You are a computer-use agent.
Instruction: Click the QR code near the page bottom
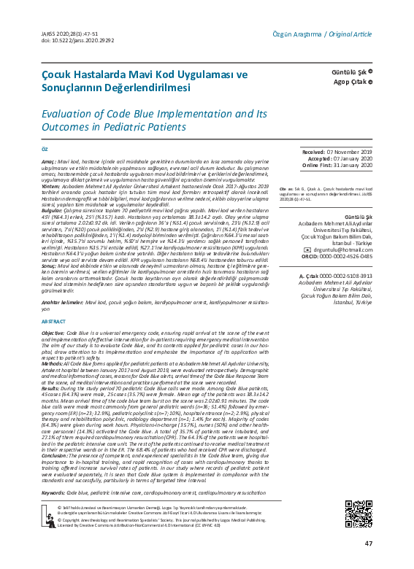pos(358,512)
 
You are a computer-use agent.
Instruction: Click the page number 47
pos(369,543)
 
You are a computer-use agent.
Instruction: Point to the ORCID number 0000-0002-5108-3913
pos(347,297)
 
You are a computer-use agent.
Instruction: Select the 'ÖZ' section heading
pos(45,147)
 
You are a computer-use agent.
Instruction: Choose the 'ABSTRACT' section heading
pos(53,322)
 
